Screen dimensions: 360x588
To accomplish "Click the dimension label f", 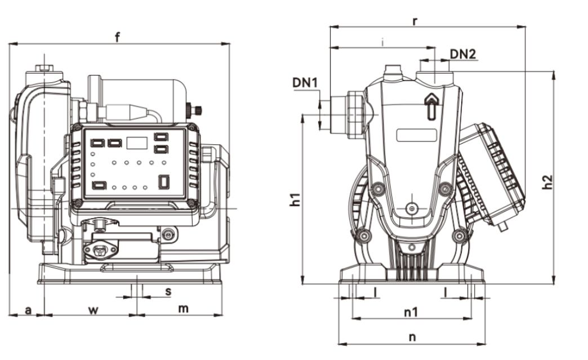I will pyautogui.click(x=117, y=37).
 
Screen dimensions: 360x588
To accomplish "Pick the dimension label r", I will pyautogui.click(x=415, y=21).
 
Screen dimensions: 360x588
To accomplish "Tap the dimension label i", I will pyautogui.click(x=383, y=42).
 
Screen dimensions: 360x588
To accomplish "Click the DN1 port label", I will pyautogui.click(x=305, y=82).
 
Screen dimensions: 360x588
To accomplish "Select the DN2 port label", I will pyautogui.click(x=463, y=54).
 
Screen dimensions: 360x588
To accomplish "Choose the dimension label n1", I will pyautogui.click(x=412, y=312).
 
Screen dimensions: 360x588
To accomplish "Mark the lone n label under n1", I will pyautogui.click(x=412, y=337).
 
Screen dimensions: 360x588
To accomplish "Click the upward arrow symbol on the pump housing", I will pyautogui.click(x=430, y=105).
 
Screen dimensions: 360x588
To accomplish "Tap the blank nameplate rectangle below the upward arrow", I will pyautogui.click(x=416, y=135).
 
